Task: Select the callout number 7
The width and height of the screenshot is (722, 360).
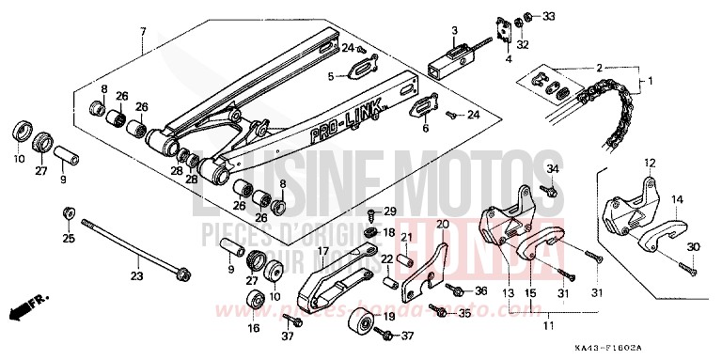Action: click(143, 33)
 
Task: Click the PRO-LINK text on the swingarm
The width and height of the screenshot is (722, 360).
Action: click(349, 123)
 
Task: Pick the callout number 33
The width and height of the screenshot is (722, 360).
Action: click(549, 16)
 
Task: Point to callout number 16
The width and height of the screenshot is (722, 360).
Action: click(254, 329)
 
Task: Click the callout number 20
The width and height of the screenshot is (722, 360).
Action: click(443, 225)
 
